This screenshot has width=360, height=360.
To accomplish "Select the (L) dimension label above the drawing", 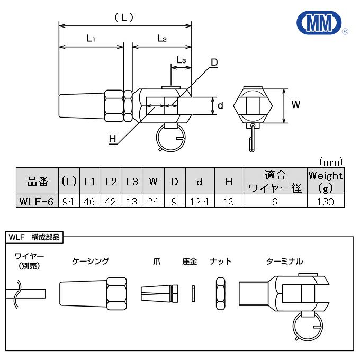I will tap(124, 17).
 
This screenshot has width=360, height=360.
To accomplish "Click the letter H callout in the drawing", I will tap(112, 139).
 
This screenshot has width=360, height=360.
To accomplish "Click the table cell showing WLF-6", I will tap(35, 201).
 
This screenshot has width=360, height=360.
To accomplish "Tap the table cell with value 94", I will tap(68, 201).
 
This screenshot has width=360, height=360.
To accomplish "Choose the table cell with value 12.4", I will tap(200, 201).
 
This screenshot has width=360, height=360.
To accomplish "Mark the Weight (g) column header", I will tap(325, 181).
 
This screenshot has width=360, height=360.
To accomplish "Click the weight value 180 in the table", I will tap(325, 201).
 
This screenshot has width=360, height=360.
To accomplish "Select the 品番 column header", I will tap(37, 182).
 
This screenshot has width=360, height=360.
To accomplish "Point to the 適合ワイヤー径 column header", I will tap(274, 181).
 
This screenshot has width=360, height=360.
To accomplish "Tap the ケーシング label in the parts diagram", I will tap(91, 261).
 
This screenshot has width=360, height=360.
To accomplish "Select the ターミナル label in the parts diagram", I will tap(285, 261).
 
